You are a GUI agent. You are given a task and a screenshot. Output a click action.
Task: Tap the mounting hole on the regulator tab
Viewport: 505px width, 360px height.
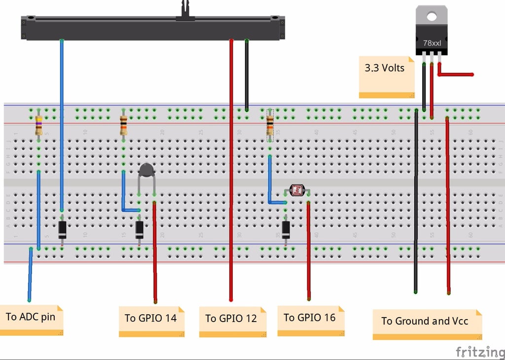(432, 16)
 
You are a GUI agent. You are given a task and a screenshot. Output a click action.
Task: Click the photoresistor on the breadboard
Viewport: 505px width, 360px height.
(297, 190)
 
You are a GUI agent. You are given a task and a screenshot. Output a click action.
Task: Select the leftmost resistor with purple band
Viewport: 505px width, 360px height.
(38, 125)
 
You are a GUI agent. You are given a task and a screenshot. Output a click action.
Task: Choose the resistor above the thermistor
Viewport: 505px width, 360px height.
(123, 125)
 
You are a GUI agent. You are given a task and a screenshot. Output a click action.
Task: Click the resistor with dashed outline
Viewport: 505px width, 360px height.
(270, 125)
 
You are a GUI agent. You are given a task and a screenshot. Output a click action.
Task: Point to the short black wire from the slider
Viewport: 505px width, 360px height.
(247, 74)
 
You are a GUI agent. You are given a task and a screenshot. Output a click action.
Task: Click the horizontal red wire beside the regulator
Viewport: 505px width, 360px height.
(456, 74)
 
